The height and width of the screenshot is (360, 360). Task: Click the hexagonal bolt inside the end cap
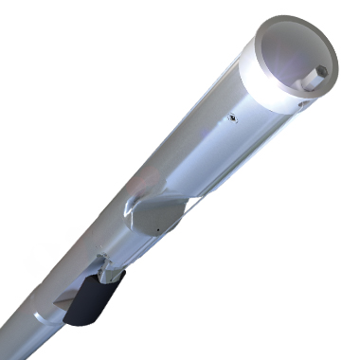[320, 72]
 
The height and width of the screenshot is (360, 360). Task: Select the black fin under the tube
[95, 298]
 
